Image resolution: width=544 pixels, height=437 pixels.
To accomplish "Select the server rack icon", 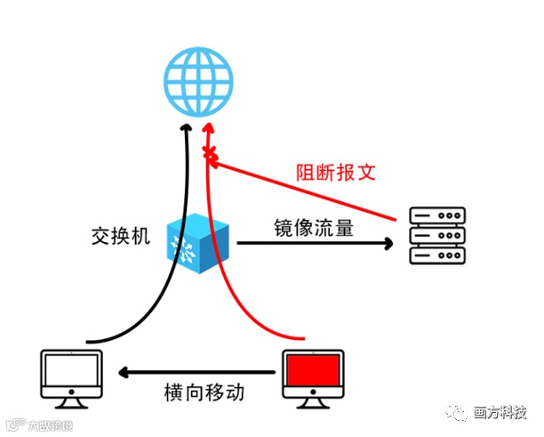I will coord(437,235).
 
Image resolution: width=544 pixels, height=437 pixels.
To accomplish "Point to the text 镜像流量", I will coord(314,227).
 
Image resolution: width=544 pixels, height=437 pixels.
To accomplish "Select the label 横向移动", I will coord(204,392).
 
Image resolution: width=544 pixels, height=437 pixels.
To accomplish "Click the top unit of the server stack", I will coord(437,216).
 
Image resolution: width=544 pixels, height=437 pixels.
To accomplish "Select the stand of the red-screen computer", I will coord(312,402).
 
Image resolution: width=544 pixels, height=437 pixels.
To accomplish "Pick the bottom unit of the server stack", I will coord(437,255).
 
